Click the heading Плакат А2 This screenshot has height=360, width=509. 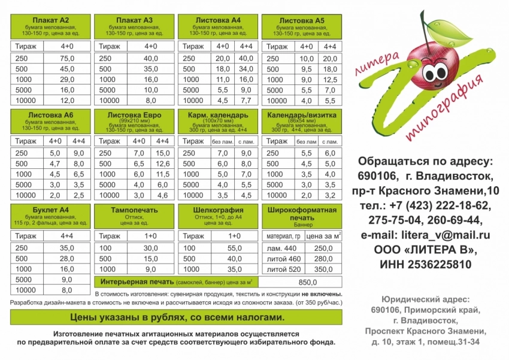tap(50, 20)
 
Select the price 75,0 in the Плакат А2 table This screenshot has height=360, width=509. tap(66, 58)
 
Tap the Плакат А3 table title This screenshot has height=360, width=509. tap(135, 20)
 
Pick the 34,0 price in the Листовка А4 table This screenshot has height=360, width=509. tap(246, 69)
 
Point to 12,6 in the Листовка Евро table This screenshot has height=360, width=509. tap(162, 164)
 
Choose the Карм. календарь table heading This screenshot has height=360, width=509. tap(218, 114)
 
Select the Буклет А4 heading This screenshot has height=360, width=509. tap(50, 210)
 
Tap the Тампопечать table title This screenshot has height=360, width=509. tap(135, 210)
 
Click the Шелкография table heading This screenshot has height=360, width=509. tap(218, 210)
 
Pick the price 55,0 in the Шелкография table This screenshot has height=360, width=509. tap(235, 248)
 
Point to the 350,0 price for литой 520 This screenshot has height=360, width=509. tap(323, 269)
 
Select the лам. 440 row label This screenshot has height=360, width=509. tap(282, 248)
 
